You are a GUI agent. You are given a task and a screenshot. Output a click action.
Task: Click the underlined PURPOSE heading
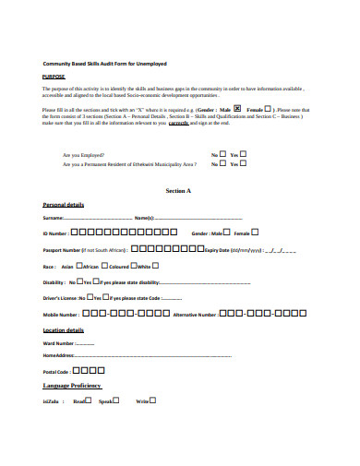click(x=54, y=78)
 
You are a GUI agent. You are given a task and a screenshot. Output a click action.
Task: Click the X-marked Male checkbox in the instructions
click(x=236, y=108)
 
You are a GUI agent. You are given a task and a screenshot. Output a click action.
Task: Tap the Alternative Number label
click(x=195, y=315)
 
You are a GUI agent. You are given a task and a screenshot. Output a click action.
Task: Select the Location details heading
click(x=64, y=329)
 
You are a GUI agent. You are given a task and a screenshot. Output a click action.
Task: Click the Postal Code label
click(x=56, y=371)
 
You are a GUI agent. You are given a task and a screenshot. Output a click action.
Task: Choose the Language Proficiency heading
click(x=72, y=386)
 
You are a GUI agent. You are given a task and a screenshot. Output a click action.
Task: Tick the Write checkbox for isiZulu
click(x=153, y=400)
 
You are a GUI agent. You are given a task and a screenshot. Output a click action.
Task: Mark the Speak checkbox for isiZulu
click(x=115, y=400)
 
